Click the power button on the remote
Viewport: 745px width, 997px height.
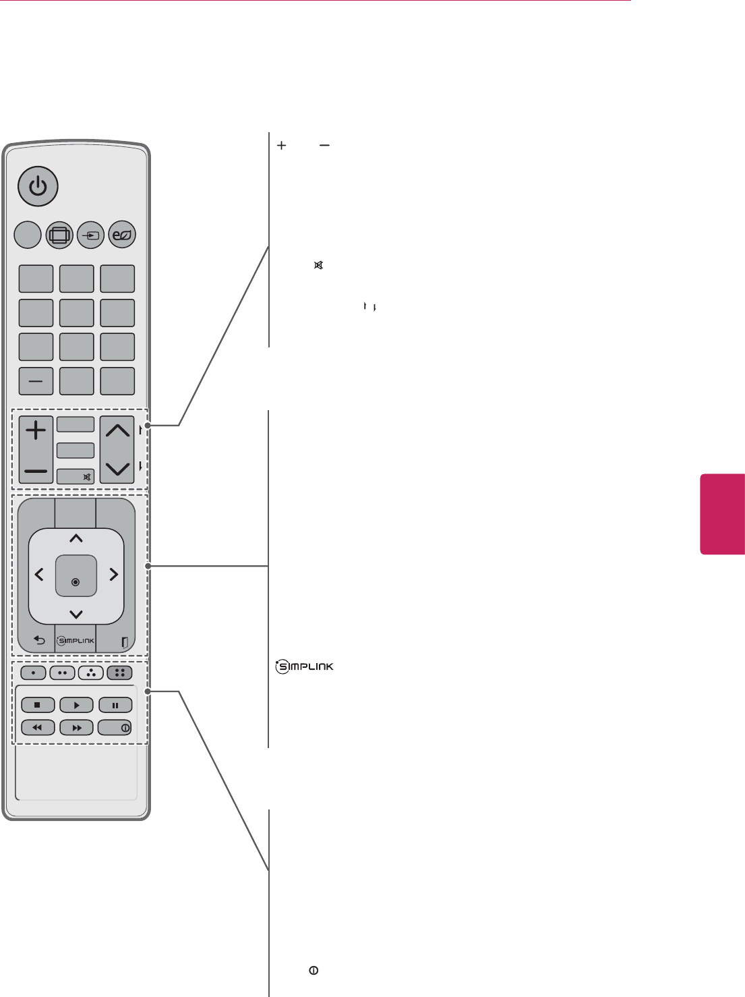point(38,186)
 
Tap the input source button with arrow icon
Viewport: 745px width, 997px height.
point(91,235)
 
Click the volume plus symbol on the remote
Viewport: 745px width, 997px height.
point(36,430)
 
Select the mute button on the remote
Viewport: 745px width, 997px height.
point(76,476)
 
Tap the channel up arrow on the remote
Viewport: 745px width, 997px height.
point(117,430)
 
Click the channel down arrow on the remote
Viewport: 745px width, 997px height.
point(117,468)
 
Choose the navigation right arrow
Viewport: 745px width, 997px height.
point(113,575)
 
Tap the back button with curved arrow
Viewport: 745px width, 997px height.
point(39,641)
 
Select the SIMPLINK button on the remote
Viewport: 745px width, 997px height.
point(76,641)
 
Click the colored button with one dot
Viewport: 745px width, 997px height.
point(33,673)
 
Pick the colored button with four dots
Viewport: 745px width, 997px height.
point(119,673)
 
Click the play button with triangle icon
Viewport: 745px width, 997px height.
point(76,706)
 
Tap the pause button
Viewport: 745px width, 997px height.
point(115,706)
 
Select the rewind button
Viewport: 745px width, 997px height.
point(38,728)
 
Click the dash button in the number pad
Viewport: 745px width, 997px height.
point(36,381)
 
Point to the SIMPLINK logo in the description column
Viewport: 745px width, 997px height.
point(304,667)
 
